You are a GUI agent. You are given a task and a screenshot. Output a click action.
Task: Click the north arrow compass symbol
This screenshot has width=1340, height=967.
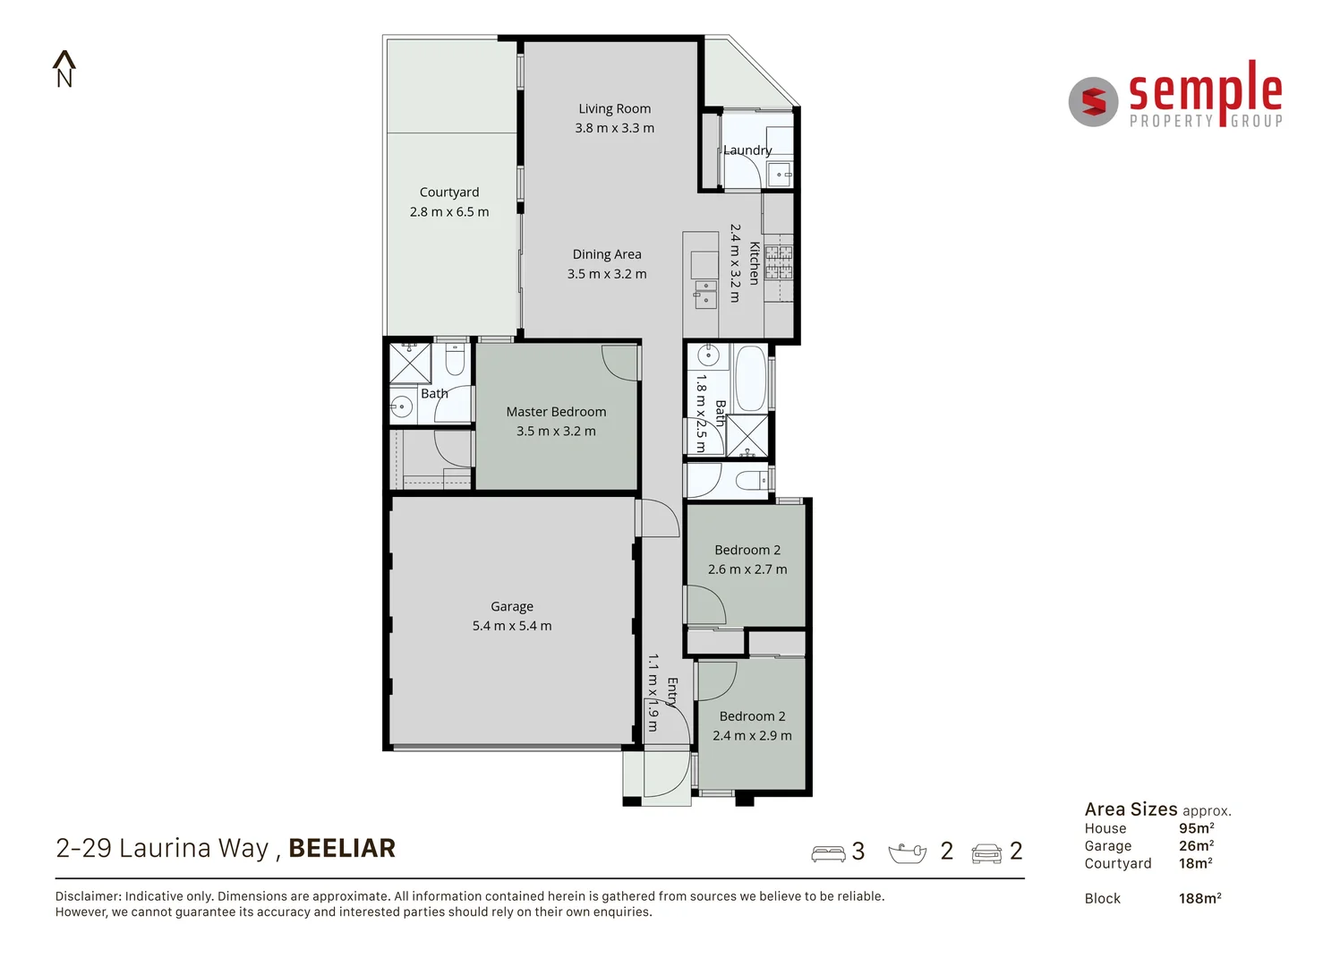pyautogui.click(x=64, y=69)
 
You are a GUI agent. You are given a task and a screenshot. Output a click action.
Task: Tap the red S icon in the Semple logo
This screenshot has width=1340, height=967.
pyautogui.click(x=1093, y=102)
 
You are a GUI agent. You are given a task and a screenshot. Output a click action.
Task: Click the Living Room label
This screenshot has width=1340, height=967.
pyautogui.click(x=614, y=108)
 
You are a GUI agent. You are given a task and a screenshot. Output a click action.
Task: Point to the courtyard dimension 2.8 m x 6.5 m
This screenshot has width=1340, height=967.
pyautogui.click(x=449, y=212)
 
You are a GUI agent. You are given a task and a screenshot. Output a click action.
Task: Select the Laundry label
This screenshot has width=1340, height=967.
pyautogui.click(x=747, y=150)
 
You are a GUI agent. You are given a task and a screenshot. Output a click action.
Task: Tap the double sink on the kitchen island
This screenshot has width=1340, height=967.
pyautogui.click(x=705, y=294)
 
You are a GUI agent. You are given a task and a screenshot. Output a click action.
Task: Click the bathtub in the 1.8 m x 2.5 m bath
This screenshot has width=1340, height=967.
pyautogui.click(x=749, y=378)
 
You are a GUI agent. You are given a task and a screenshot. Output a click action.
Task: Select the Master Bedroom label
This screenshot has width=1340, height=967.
pyautogui.click(x=556, y=412)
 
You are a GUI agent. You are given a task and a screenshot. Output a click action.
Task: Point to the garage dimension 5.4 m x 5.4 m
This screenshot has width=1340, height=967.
pyautogui.click(x=512, y=626)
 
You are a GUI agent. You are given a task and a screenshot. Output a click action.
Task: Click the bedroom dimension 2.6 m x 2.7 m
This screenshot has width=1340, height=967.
pyautogui.click(x=747, y=569)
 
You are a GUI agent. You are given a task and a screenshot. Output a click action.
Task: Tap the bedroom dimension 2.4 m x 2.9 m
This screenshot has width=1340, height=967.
pyautogui.click(x=752, y=736)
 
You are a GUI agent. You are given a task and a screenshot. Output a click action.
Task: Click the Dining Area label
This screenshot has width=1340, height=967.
pyautogui.click(x=607, y=254)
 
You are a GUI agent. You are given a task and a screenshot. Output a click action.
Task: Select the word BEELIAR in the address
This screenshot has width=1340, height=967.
pyautogui.click(x=342, y=848)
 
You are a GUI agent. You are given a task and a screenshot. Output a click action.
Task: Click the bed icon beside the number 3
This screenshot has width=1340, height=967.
pyautogui.click(x=828, y=853)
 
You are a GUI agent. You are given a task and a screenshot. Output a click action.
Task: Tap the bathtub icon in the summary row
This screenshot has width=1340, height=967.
pyautogui.click(x=907, y=852)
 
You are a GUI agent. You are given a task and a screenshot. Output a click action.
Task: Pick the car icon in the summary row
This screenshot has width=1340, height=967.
pyautogui.click(x=986, y=853)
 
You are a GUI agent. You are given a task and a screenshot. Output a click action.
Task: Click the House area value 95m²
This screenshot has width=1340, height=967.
pyautogui.click(x=1196, y=828)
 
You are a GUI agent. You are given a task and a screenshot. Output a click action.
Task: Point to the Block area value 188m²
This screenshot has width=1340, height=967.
pyautogui.click(x=1199, y=898)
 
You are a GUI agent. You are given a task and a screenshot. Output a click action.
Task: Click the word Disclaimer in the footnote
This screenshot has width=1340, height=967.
pyautogui.click(x=88, y=896)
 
